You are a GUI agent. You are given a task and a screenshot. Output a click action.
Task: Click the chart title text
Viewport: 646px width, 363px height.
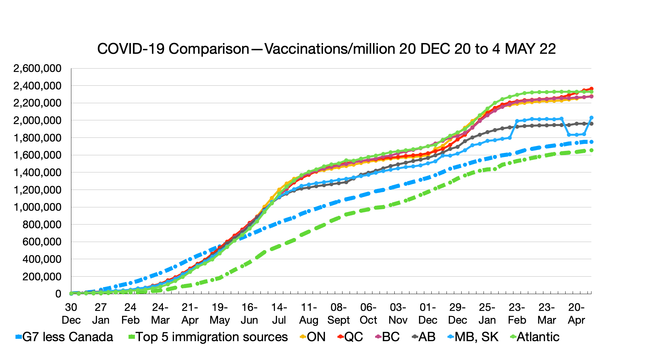coord(326,49)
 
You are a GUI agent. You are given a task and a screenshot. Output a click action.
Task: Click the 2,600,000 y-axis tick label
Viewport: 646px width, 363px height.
coord(37,69)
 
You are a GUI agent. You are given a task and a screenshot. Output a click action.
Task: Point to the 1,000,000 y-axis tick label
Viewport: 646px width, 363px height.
coord(37,207)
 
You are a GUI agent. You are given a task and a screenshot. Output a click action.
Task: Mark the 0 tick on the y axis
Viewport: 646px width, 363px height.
coord(58,294)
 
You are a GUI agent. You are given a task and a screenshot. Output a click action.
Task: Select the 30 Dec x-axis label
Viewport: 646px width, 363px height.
coord(71,314)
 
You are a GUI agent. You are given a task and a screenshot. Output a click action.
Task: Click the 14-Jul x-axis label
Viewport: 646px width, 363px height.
coord(279,314)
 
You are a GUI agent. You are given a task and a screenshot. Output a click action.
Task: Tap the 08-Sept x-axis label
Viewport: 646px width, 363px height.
coord(338,314)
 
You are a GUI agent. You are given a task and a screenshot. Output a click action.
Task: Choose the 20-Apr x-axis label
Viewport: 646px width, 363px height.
coord(576,314)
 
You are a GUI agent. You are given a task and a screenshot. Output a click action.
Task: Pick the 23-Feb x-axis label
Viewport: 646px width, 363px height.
coord(517,314)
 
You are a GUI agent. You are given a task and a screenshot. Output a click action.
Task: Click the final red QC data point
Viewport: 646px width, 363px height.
coord(591,89)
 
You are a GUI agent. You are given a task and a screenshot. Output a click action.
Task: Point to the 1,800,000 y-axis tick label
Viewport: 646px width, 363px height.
coord(37,138)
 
